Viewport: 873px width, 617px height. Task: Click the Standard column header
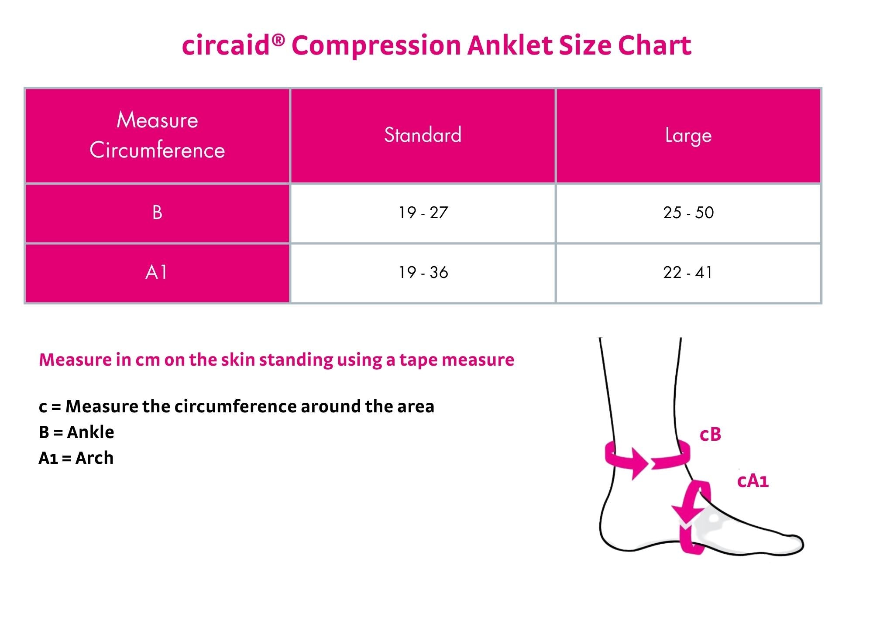coord(423,135)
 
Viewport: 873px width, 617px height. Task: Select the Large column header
coord(688,135)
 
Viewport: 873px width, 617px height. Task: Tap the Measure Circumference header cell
coord(157,135)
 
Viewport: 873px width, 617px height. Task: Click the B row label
coord(157,213)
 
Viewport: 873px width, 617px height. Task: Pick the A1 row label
coord(157,273)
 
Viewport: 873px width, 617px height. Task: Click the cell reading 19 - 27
coord(423,213)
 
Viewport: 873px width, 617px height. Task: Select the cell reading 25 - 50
coord(688,213)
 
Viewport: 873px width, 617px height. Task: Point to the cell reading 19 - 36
coord(423,273)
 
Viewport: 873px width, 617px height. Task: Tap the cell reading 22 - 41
coord(688,273)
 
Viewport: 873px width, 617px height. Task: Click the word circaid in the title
coord(226,45)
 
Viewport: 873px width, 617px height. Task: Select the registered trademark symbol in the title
coord(278,41)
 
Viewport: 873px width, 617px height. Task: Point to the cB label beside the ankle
coord(710,435)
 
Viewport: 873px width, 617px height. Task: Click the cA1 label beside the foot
coord(753,481)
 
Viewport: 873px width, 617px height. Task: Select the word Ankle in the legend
coord(90,432)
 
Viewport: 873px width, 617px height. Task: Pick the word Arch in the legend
coord(94,458)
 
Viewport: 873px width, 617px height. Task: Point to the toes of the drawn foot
coord(792,543)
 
